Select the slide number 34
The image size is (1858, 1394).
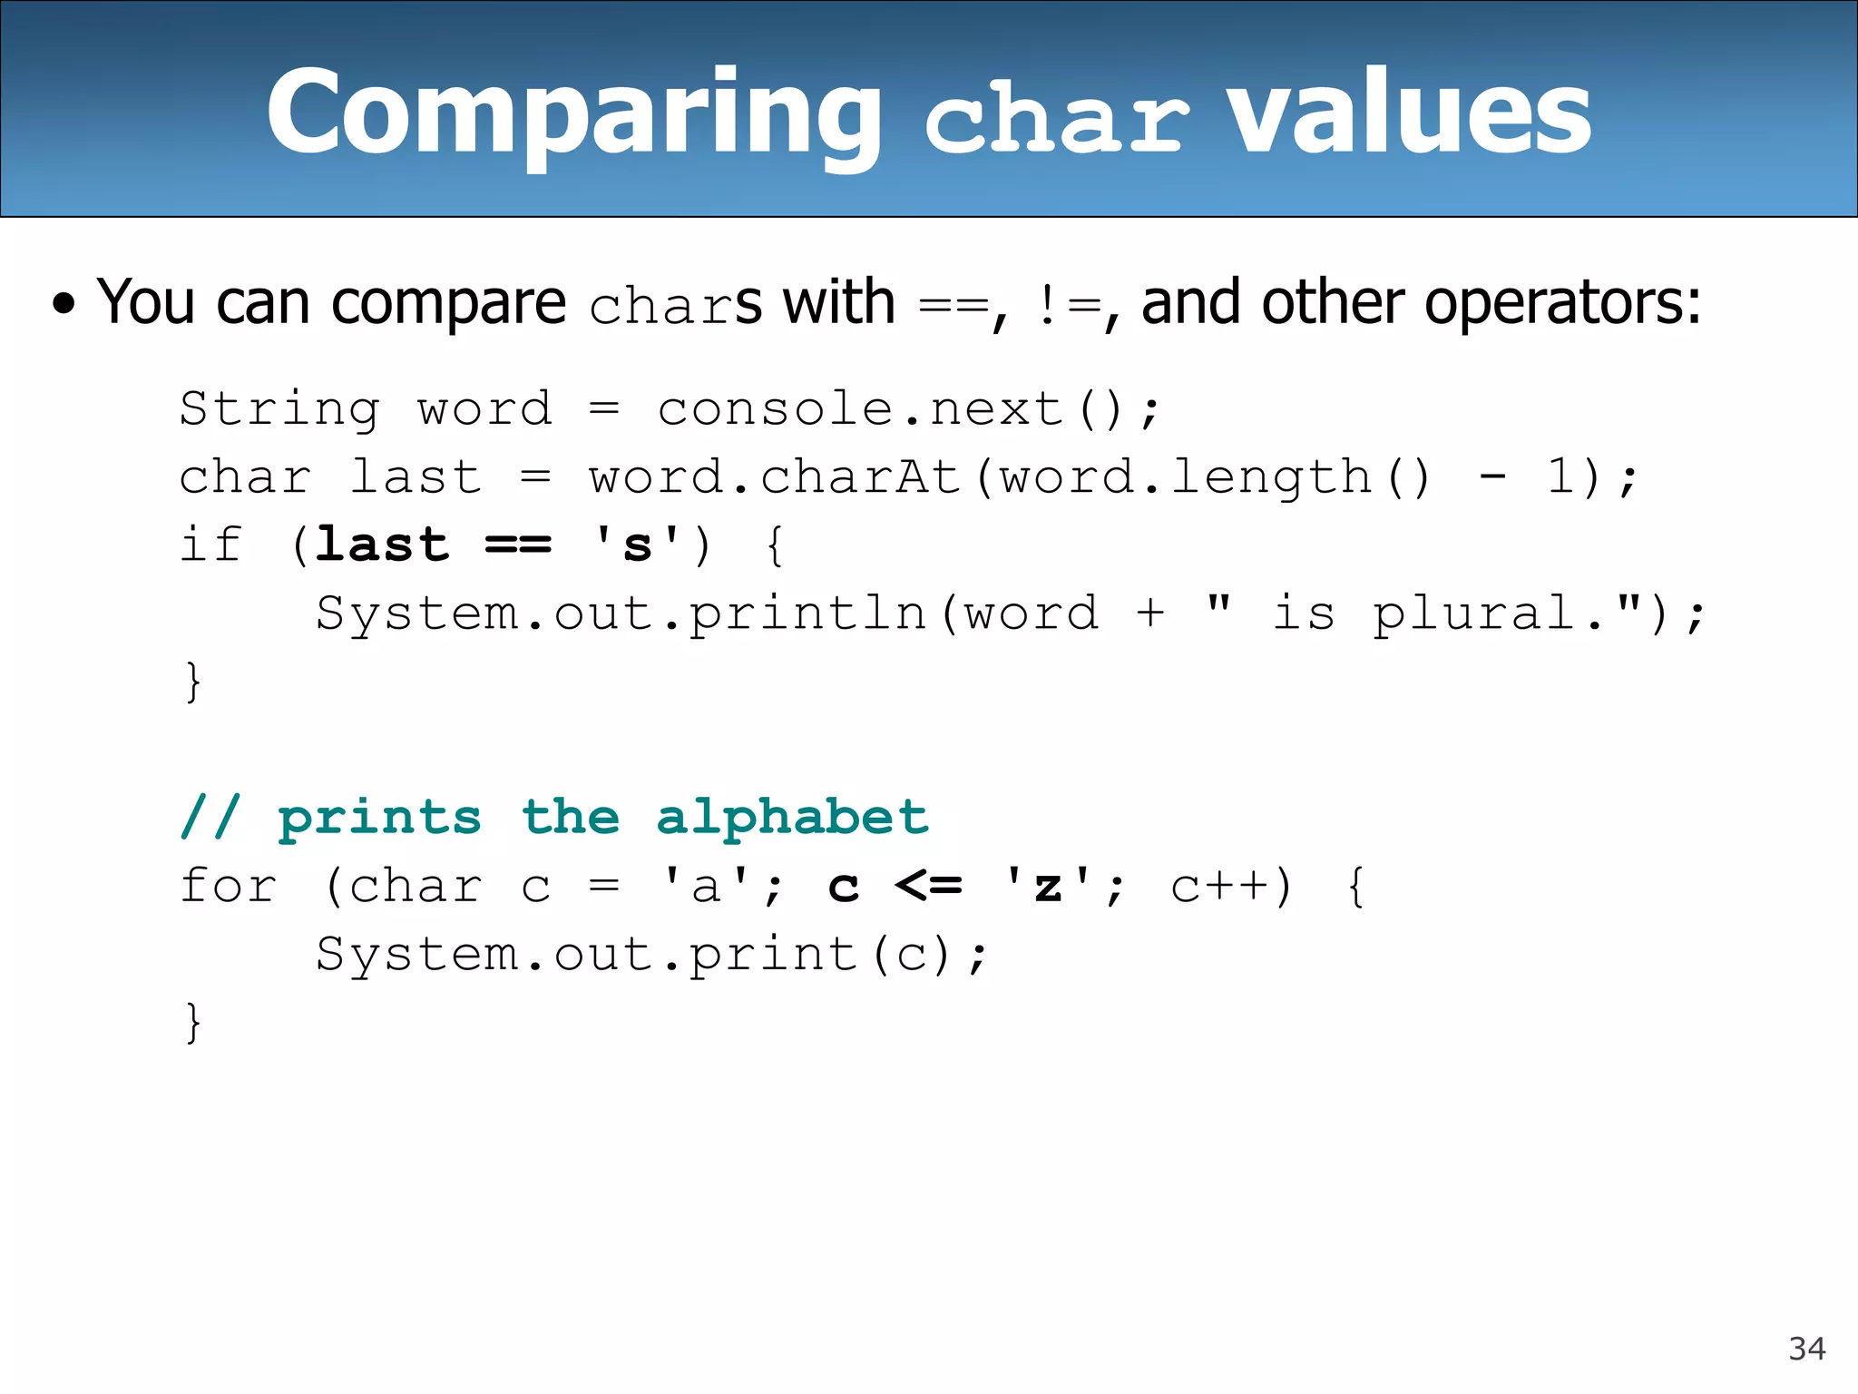click(1806, 1349)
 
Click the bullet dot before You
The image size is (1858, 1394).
click(64, 304)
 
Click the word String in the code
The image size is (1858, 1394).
click(279, 408)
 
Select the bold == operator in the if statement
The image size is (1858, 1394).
click(518, 545)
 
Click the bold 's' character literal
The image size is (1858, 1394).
click(637, 545)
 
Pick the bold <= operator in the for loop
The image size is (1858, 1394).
click(928, 886)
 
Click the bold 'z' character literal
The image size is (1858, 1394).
click(1048, 886)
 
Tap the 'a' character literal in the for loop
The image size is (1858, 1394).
click(706, 886)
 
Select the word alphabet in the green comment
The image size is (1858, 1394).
click(792, 817)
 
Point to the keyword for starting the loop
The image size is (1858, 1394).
click(229, 886)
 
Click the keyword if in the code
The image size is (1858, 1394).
click(211, 545)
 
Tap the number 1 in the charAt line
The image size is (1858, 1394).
click(1560, 476)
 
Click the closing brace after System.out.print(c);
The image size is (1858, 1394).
click(192, 1023)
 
